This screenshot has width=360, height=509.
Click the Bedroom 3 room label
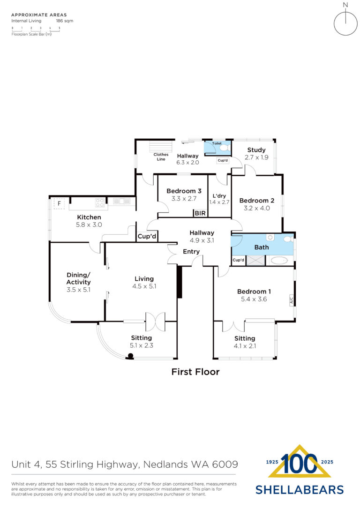(184, 191)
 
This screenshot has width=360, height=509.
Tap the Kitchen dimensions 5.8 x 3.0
(89, 225)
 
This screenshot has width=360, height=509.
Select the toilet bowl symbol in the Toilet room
(224, 148)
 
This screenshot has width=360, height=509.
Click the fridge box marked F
(59, 203)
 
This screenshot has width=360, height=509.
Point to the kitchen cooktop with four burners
(100, 202)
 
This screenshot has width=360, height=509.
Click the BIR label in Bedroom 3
(200, 213)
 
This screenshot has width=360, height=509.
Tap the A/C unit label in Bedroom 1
(291, 300)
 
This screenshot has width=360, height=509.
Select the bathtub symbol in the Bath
(279, 260)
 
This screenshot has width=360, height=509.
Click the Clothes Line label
(161, 157)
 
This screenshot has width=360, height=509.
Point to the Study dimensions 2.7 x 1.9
(256, 157)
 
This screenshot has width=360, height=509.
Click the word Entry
(191, 252)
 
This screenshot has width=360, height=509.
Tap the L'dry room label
(219, 196)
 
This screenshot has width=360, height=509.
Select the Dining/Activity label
(78, 278)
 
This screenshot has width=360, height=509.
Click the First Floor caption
(195, 372)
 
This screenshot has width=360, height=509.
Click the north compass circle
(345, 24)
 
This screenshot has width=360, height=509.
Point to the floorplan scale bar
(36, 30)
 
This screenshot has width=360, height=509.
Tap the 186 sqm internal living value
(65, 21)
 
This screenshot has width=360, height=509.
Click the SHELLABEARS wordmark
(299, 490)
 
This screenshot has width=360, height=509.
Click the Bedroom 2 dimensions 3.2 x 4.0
(257, 208)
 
